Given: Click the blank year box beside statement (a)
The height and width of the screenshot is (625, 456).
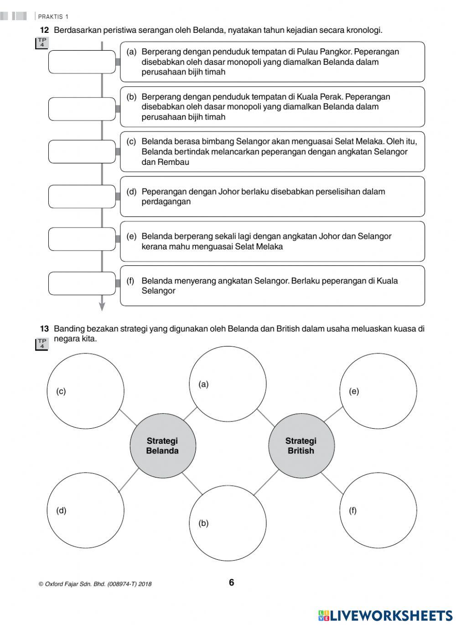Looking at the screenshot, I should (x=82, y=62).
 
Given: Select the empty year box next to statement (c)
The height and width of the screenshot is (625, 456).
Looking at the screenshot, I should (x=82, y=152).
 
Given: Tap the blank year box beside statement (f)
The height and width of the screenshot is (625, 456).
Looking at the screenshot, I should (x=82, y=283).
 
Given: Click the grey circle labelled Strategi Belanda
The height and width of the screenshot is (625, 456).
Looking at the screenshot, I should (x=163, y=446).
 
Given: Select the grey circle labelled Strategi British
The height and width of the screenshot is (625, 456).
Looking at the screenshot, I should (x=301, y=446).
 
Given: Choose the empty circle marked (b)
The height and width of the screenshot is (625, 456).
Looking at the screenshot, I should (x=228, y=523).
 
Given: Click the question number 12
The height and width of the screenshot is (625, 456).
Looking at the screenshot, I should (x=44, y=30).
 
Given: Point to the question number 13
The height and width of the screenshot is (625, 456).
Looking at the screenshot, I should (x=44, y=329).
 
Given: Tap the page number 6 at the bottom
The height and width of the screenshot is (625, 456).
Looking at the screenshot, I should (x=231, y=583).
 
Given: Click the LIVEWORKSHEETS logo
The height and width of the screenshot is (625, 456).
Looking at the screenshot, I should (x=385, y=615).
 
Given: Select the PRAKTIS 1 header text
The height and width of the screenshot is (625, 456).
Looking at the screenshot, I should (x=53, y=17).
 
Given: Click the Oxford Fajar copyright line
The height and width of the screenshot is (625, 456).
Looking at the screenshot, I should (x=95, y=584).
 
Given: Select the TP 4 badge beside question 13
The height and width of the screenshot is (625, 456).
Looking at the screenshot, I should (x=42, y=344).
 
